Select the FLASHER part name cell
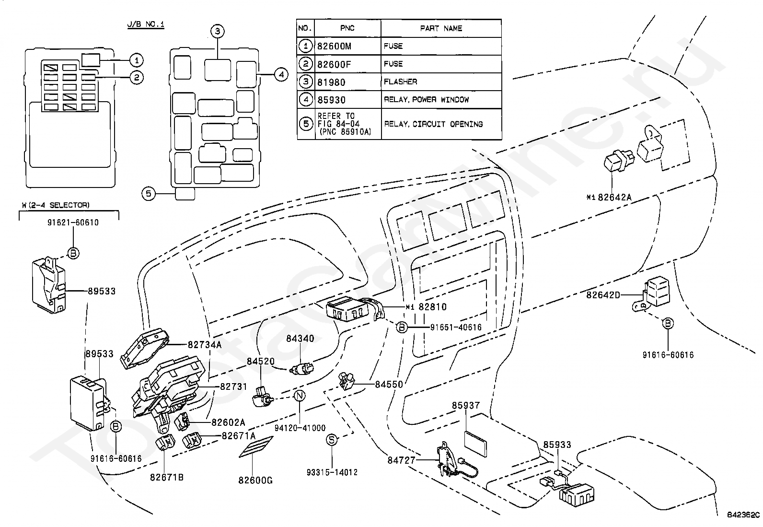pos(400,82)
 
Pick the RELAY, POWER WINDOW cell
pos(426,100)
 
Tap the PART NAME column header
pos(441,28)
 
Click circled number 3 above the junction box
pos(217,32)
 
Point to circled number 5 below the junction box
pos(149,194)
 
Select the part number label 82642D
pos(603,295)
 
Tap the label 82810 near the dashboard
pos(432,307)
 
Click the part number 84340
pos(300,339)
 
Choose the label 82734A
pos(205,344)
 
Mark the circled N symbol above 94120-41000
pos(299,396)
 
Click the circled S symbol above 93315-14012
pos(332,440)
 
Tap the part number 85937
pos(466,406)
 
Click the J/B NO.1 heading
pos(146,23)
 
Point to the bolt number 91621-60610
pos(73,223)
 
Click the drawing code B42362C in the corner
pos(743,515)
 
